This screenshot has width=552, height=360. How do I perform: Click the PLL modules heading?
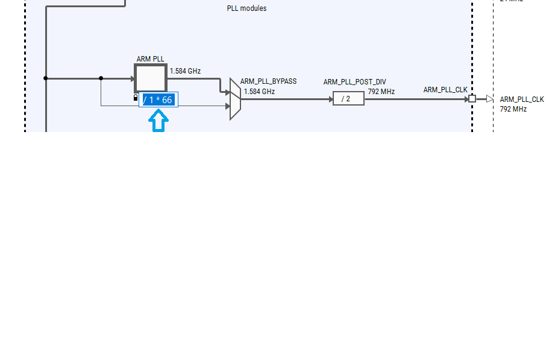click(x=246, y=8)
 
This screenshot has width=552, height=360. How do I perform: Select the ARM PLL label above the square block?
click(x=150, y=59)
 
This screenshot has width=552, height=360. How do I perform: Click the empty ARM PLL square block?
click(x=150, y=78)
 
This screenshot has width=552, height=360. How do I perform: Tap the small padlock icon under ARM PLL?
click(x=136, y=98)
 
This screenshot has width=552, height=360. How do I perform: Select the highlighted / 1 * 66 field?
click(x=158, y=100)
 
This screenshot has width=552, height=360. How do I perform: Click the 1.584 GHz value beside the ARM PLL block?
click(x=185, y=71)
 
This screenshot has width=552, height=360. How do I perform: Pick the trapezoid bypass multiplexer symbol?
click(x=235, y=99)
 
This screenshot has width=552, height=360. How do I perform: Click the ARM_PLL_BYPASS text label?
click(x=268, y=81)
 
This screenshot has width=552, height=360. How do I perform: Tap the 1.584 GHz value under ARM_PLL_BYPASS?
click(x=259, y=92)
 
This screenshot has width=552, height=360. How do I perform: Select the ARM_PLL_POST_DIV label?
click(x=354, y=82)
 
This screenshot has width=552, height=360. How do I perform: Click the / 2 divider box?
click(x=348, y=99)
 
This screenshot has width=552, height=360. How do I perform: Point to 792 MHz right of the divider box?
click(x=381, y=92)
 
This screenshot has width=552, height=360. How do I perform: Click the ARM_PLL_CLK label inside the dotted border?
click(x=445, y=90)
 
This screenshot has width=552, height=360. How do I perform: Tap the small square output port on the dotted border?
click(x=472, y=99)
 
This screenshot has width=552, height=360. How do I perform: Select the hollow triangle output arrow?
click(x=489, y=99)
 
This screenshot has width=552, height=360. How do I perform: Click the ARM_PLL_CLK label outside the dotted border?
click(x=521, y=99)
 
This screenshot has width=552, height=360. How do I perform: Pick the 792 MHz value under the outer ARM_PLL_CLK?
click(x=513, y=109)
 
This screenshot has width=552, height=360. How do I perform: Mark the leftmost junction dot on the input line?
click(x=46, y=78)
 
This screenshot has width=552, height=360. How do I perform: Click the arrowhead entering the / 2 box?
click(x=330, y=99)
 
